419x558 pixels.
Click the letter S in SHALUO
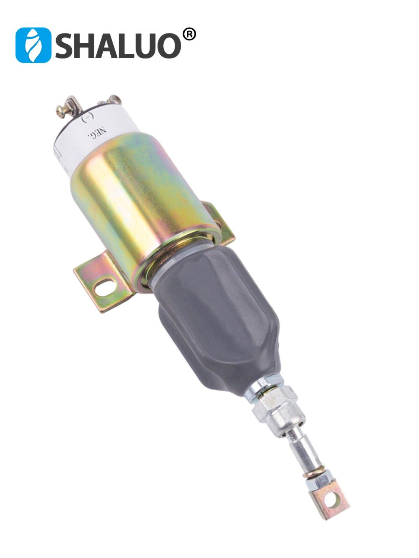64,45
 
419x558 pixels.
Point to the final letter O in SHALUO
169,45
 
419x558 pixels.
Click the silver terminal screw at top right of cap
114,99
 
